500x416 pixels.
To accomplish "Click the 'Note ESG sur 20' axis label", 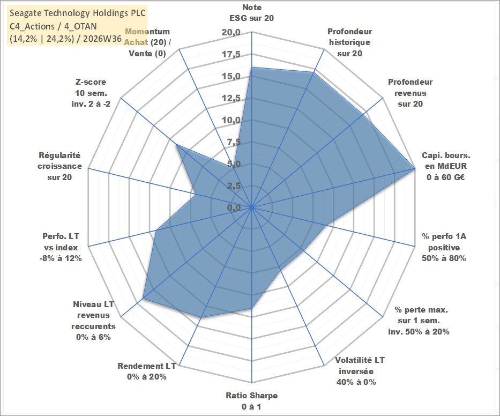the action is pyautogui.click(x=251, y=13).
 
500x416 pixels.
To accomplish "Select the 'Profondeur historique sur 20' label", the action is pyautogui.click(x=349, y=42).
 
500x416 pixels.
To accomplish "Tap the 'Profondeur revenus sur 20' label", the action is pyautogui.click(x=410, y=93).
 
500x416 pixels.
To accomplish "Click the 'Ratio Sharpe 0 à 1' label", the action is pyautogui.click(x=251, y=401).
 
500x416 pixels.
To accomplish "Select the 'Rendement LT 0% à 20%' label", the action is pyautogui.click(x=147, y=372).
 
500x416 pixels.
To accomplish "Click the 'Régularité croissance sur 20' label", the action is pyautogui.click(x=59, y=166).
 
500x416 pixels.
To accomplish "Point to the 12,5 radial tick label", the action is pyautogui.click(x=231, y=98).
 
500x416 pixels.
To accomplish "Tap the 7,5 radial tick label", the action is pyautogui.click(x=234, y=142).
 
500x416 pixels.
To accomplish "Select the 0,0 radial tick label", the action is pyautogui.click(x=234, y=207).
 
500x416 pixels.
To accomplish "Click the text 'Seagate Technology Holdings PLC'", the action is pyautogui.click(x=78, y=13).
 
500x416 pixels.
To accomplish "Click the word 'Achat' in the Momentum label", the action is pyautogui.click(x=136, y=42).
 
